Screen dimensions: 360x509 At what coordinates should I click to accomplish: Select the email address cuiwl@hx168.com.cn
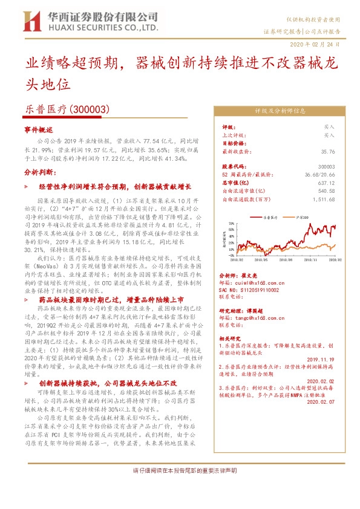point(260,282)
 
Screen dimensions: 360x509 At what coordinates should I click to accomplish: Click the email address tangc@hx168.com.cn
point(260,318)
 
